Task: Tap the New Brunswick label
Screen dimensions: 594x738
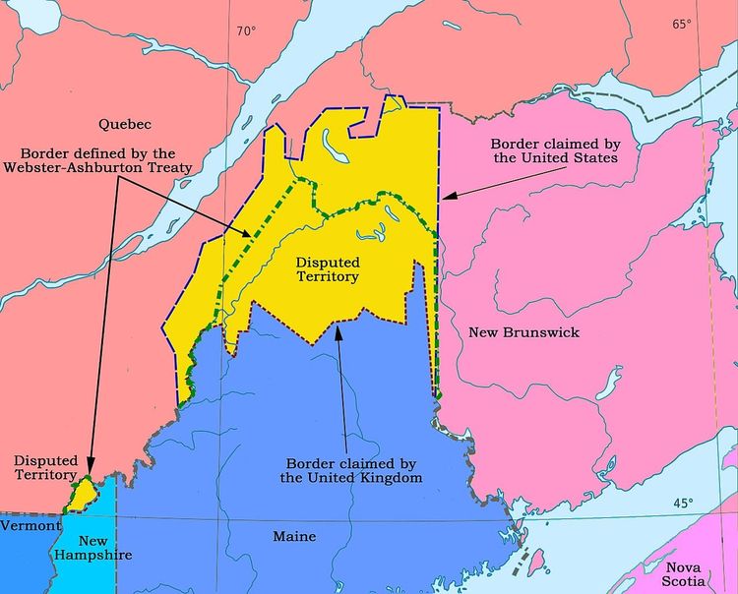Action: click(x=523, y=332)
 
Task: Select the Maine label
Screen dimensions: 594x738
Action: click(x=294, y=537)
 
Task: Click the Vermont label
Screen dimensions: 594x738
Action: click(x=24, y=526)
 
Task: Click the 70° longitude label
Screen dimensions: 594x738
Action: click(x=245, y=30)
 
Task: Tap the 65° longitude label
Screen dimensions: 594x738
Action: click(x=682, y=25)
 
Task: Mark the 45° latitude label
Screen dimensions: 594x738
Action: click(x=682, y=504)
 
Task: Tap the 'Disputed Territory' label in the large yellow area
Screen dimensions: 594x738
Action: click(x=328, y=270)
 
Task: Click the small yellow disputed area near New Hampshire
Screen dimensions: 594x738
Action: click(x=79, y=496)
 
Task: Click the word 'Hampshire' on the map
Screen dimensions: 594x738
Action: click(x=92, y=556)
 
